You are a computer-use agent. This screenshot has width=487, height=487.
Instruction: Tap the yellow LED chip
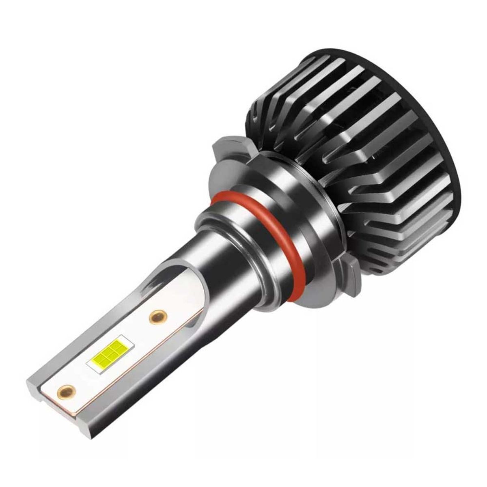109,352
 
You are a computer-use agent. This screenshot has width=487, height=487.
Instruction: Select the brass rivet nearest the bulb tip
67,391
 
